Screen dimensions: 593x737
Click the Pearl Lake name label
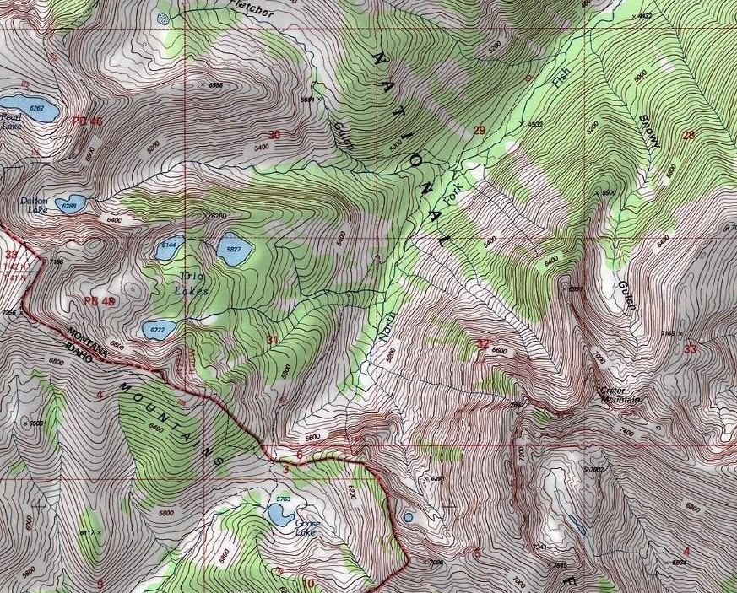11,121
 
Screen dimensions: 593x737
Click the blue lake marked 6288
69,203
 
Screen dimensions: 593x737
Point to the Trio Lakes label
192,283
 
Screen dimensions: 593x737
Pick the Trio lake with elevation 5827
232,251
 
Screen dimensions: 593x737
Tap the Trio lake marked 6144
169,248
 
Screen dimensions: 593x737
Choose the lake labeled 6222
159,328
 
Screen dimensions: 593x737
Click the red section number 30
274,135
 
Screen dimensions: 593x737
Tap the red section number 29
480,130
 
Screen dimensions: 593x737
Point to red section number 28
688,135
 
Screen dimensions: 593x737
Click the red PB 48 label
99,301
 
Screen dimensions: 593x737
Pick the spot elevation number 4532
535,124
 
